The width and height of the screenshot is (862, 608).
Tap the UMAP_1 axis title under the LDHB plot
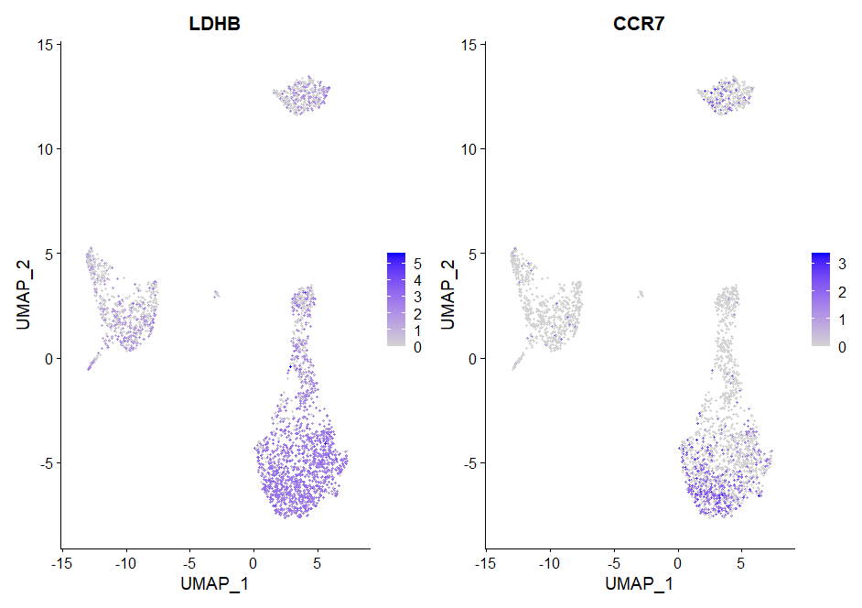pyautogui.click(x=216, y=583)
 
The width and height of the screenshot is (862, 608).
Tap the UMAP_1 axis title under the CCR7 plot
pyautogui.click(x=639, y=583)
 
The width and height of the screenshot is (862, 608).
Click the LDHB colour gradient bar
pyautogui.click(x=395, y=300)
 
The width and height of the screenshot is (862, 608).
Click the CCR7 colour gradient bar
pyautogui.click(x=819, y=300)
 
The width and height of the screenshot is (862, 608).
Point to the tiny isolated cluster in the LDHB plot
pyautogui.click(x=216, y=294)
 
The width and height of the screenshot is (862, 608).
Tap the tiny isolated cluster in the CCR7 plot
pyautogui.click(x=640, y=294)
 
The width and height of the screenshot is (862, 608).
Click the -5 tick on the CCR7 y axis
pyautogui.click(x=467, y=463)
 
